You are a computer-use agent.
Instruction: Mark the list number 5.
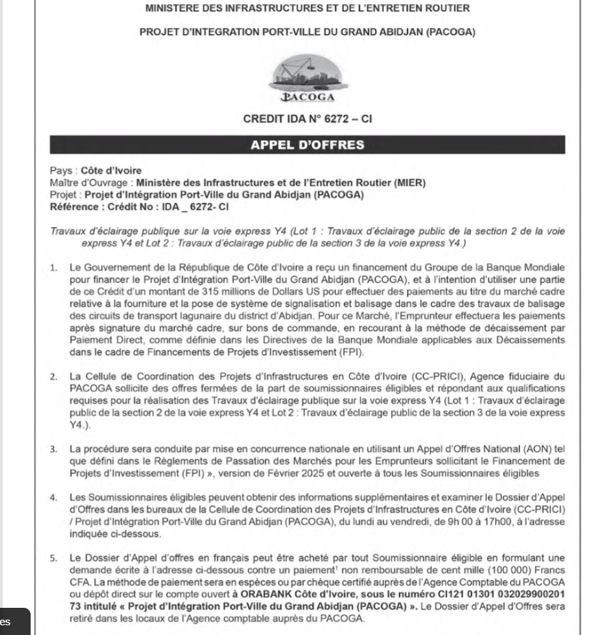click(x=54, y=540)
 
